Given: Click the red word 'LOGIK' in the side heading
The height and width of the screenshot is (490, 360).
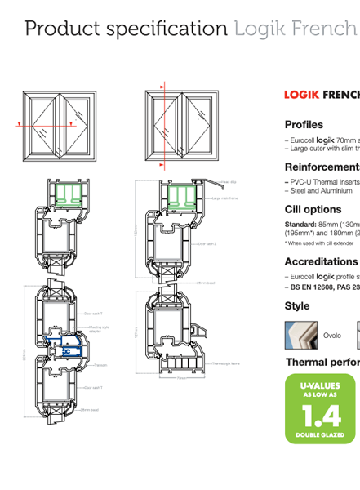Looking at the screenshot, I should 301,95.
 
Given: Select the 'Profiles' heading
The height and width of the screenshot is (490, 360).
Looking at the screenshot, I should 304,125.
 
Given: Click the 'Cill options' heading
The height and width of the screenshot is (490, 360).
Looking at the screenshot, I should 313,209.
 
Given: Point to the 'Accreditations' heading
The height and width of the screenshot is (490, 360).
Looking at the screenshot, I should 320,262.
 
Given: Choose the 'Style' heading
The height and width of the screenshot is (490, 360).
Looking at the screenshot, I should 297,306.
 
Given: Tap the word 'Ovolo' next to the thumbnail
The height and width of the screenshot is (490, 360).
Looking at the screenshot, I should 332,336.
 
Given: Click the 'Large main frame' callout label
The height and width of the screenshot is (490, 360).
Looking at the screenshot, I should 225,198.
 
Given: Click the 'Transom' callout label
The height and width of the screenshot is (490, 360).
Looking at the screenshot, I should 101,365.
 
